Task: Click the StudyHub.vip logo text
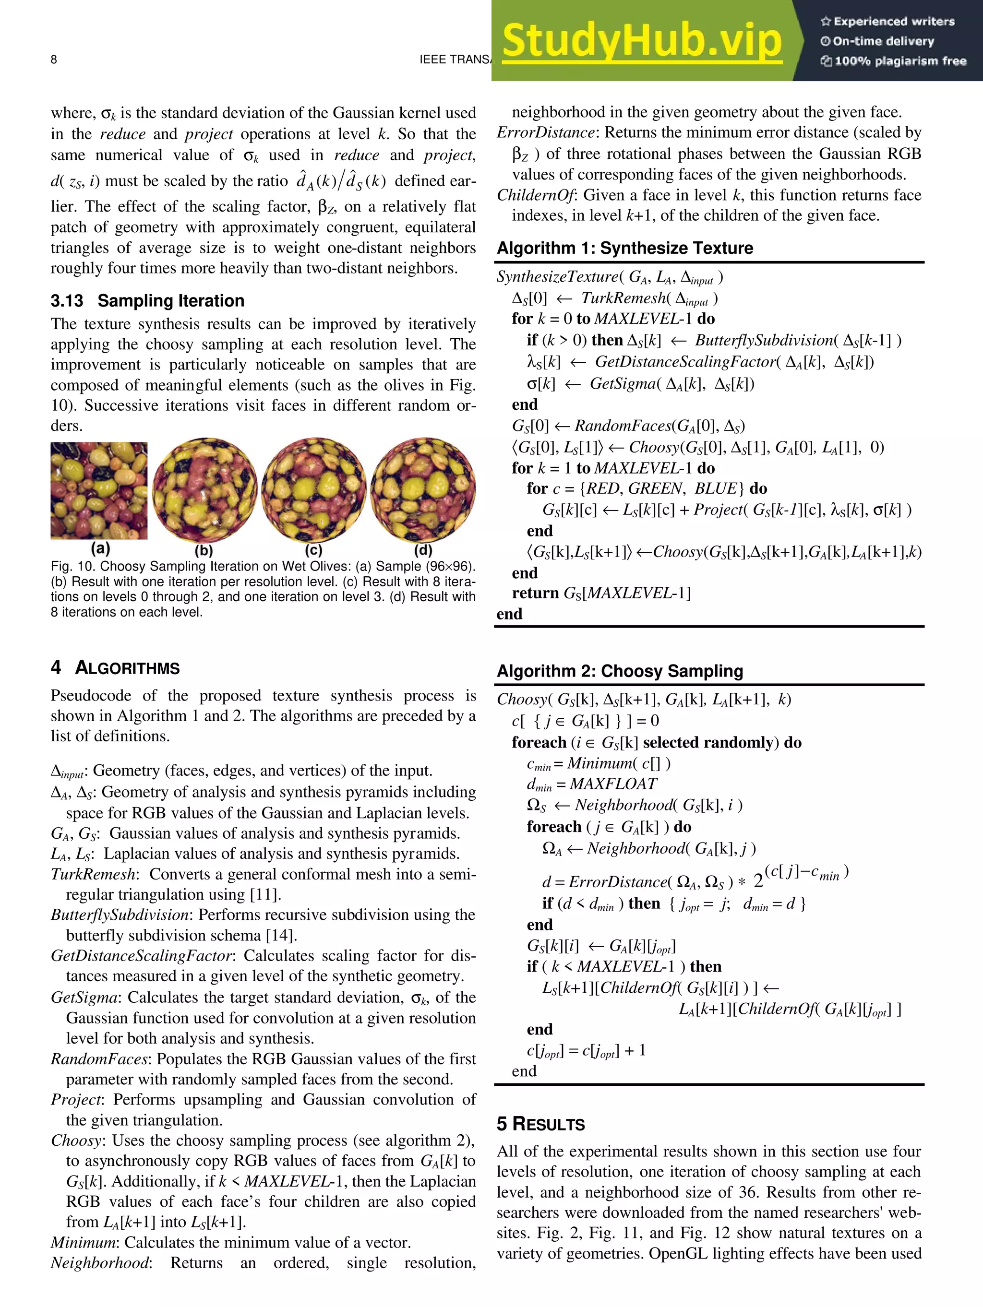[641, 40]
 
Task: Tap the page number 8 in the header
[54, 59]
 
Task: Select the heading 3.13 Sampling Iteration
[147, 301]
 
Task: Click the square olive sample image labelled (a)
[99, 490]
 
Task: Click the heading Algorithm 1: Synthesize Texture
[625, 248]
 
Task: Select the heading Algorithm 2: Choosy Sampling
[620, 671]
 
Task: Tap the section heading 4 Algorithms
[115, 668]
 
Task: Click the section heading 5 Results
[540, 1124]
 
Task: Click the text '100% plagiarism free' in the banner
[899, 61]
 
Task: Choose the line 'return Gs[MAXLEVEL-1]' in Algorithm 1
[600, 593]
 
